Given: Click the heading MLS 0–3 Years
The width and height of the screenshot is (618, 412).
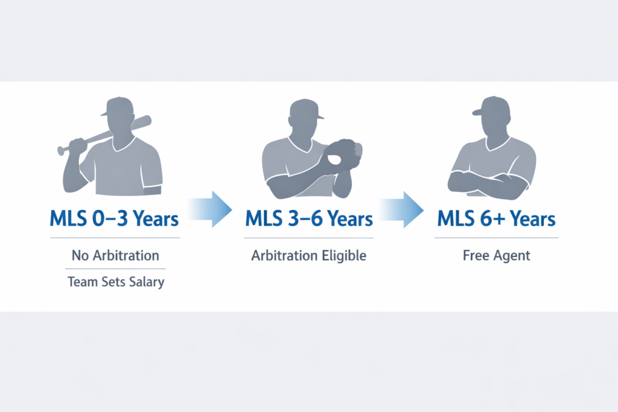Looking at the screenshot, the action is click(x=114, y=219).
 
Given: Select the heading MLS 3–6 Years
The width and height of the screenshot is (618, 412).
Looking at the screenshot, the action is click(x=309, y=219).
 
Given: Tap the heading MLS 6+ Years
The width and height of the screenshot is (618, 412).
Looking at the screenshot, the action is click(x=496, y=219).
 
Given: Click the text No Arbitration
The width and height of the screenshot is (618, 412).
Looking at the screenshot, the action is click(x=115, y=256).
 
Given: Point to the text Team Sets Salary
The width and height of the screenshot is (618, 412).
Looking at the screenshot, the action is click(x=116, y=282).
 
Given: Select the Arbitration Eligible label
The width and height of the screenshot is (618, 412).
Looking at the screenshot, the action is click(x=309, y=256).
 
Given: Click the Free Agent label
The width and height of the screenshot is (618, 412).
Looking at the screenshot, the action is click(x=496, y=256).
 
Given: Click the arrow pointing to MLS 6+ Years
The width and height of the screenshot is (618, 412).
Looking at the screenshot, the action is click(x=402, y=209).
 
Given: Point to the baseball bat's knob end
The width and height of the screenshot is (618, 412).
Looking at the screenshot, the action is click(x=61, y=150).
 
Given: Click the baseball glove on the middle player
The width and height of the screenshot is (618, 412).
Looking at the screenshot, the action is click(x=342, y=156).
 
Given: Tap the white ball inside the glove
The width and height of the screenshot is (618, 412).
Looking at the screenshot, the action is click(x=334, y=159).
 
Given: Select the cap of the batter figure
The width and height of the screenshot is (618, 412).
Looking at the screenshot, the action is click(x=118, y=106).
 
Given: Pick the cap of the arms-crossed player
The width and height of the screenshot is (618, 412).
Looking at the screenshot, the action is click(x=490, y=106).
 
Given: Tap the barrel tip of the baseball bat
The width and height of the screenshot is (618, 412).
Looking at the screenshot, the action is click(x=147, y=119).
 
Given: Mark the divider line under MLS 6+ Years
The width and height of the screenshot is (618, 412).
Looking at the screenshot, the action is click(x=496, y=238).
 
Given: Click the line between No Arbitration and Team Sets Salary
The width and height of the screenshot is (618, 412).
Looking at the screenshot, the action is click(x=115, y=269).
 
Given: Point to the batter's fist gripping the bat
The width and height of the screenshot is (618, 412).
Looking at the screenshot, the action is click(x=78, y=145).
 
